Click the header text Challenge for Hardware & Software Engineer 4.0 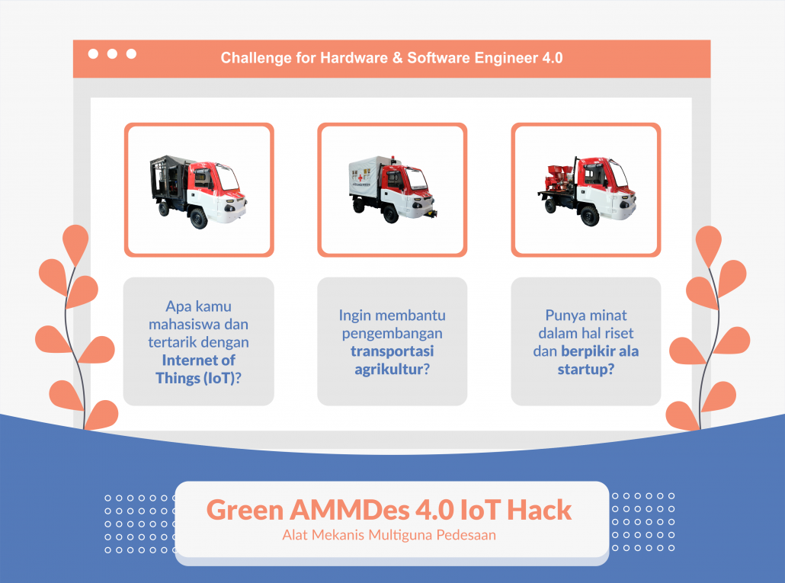tap(392, 58)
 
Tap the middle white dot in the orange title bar tap(113, 54)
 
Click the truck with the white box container tap(392, 190)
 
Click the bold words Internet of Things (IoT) tap(198, 369)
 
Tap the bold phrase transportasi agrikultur tap(392, 360)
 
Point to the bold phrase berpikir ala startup tap(586, 360)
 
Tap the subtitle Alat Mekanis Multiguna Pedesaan tap(389, 535)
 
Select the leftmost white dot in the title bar tap(94, 54)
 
